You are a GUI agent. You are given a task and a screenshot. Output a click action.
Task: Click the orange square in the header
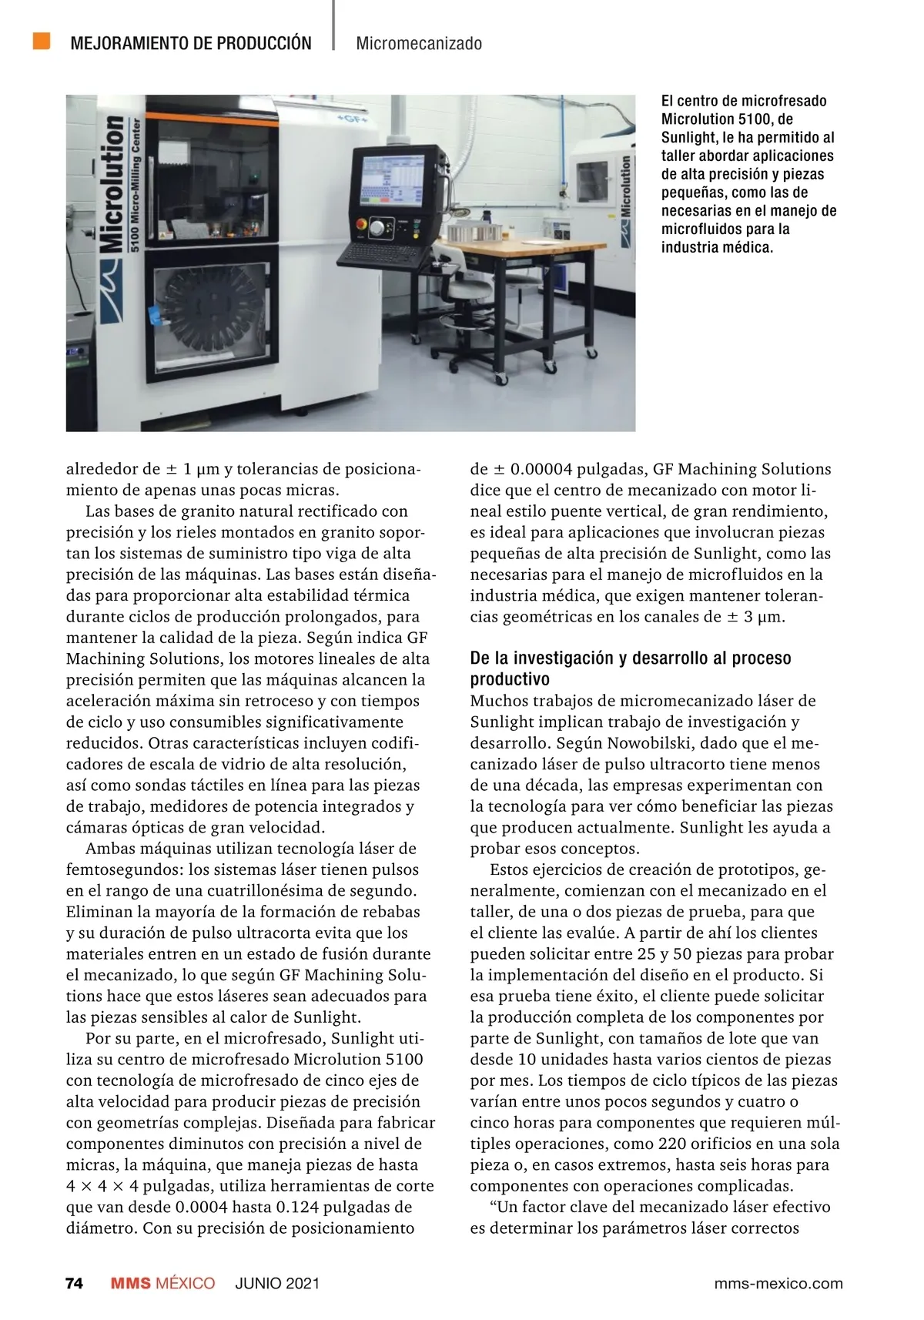coord(42,41)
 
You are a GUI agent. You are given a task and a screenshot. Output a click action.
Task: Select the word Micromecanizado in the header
coord(419,43)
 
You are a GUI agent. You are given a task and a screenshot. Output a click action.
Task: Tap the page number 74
coord(74,1283)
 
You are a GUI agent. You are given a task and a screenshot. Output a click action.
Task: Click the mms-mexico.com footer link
coord(778,1283)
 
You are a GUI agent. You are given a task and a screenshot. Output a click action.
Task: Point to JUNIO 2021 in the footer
coord(277,1283)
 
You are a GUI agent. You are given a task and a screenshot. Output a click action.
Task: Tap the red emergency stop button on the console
coord(360,225)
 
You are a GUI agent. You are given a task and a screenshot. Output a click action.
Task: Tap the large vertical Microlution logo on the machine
coord(112,185)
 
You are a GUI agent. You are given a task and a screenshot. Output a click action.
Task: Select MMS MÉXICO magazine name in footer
coord(162,1283)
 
